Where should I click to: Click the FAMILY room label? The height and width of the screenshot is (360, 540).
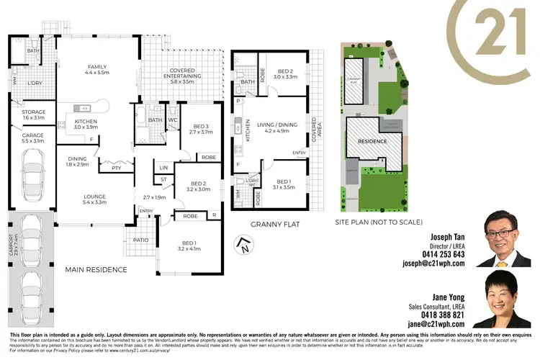96,66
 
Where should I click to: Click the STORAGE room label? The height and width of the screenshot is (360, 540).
35,112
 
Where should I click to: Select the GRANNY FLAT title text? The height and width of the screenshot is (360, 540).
274,225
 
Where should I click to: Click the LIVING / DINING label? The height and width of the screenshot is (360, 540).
277,123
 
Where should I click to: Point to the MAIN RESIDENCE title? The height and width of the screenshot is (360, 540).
96,270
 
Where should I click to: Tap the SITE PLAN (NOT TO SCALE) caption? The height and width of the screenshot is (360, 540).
379,222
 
